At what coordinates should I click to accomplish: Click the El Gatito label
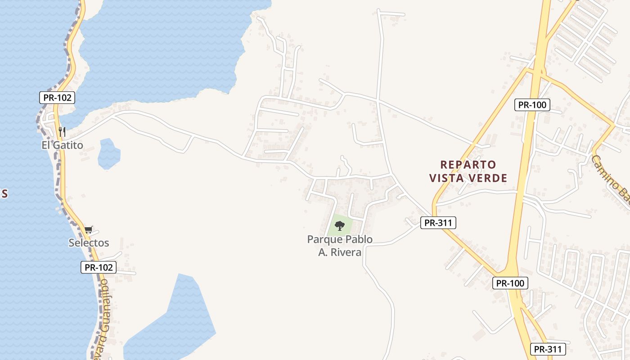point(62,145)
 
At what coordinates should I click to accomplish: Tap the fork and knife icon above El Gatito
point(62,132)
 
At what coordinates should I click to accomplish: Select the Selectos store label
point(89,243)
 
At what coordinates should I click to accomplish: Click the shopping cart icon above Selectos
point(89,230)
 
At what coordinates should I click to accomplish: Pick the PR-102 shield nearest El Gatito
point(57,98)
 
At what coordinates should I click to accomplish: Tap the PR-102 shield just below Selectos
point(99,267)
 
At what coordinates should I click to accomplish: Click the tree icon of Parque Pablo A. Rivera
point(340,226)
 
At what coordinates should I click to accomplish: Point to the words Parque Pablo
point(340,239)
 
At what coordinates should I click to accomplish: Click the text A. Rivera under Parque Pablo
point(340,252)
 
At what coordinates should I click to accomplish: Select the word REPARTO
point(468,165)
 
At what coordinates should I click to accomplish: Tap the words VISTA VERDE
point(468,179)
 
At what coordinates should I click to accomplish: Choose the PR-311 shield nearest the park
point(438,222)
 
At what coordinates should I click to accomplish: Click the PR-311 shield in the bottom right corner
point(548,349)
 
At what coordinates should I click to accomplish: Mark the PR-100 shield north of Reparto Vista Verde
point(532,105)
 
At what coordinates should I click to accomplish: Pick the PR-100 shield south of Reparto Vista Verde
point(510,283)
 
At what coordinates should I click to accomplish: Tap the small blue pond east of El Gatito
point(109,154)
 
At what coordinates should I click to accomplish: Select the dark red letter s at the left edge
point(4,193)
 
